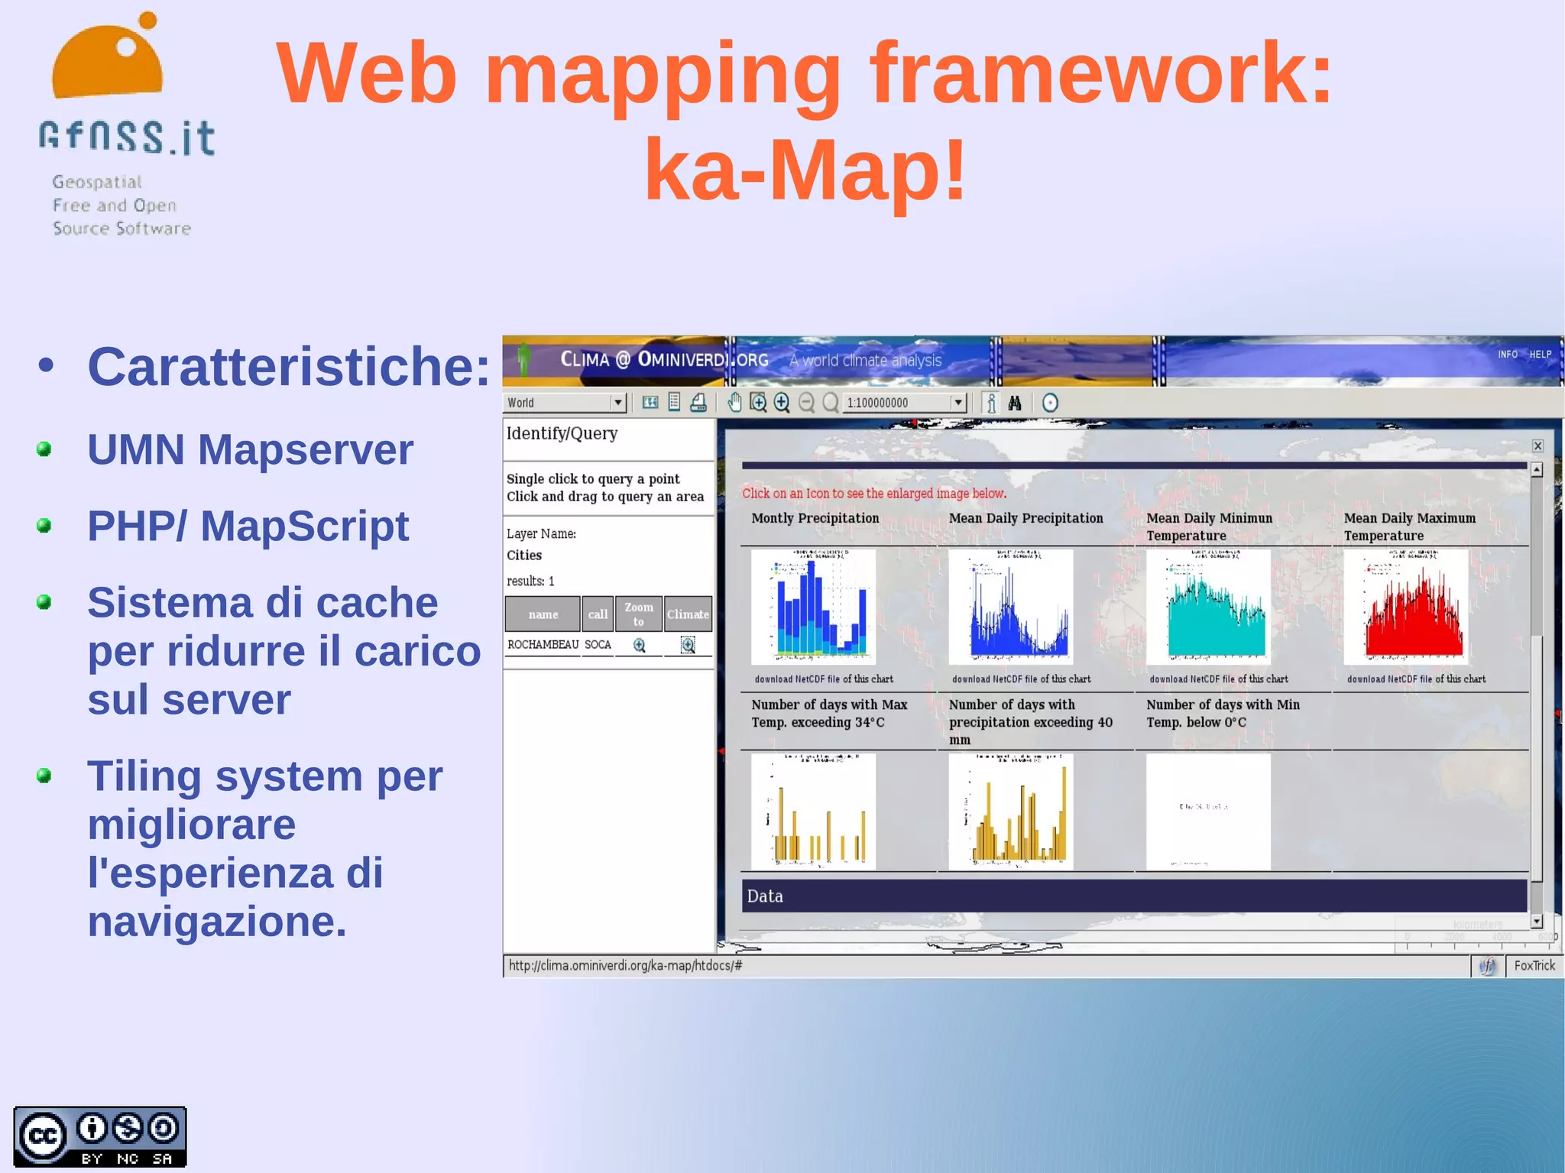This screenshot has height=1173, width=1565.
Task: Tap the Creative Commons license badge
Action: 99,1136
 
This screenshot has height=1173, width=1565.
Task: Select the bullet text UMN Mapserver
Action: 250,449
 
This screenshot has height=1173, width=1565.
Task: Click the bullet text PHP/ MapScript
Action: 248,527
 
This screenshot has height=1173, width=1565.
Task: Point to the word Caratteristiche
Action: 288,367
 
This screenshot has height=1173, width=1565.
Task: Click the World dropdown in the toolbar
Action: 565,403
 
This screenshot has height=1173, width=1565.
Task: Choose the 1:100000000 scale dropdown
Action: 905,403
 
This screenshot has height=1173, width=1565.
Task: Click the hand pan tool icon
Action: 734,403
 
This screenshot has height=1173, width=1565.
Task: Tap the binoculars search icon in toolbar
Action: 1015,403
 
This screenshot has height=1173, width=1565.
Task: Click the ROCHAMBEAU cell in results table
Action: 543,645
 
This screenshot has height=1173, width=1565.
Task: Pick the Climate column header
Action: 688,614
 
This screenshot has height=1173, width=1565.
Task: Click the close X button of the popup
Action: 1537,446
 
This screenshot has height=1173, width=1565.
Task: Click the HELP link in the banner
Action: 1540,355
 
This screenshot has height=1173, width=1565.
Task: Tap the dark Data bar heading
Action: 1134,896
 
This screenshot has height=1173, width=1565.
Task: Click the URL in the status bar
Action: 625,966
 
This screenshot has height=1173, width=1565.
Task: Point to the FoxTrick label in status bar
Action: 1534,966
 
